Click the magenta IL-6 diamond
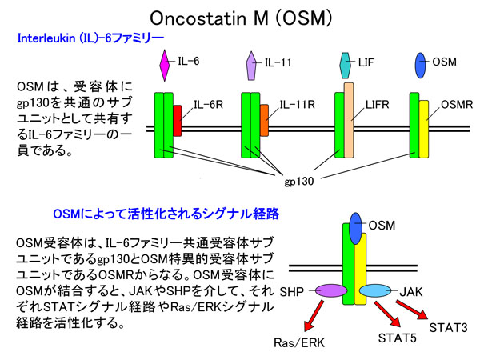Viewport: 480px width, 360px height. pos(165,66)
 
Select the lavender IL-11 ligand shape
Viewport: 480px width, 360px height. pos(251,66)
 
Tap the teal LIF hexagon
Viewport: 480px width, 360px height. pos(346,66)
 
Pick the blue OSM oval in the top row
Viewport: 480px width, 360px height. pos(420,66)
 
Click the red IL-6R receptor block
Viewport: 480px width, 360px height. pos(178,121)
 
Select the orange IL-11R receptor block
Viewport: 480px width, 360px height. pos(265,120)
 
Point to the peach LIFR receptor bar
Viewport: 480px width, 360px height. pos(349,120)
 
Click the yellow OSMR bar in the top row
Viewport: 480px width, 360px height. pos(424,129)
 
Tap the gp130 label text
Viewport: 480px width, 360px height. pos(299,181)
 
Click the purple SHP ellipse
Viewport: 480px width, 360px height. pos(331,290)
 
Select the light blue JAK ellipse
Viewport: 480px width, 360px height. pos(375,290)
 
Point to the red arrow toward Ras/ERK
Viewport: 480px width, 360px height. pos(314,316)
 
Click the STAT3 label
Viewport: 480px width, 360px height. pos(448,327)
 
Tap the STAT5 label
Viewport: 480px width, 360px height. pos(398,338)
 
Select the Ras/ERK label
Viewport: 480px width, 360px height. pos(299,343)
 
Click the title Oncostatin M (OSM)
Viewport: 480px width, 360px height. pos(241,18)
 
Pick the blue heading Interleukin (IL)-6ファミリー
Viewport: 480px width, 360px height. pos(91,38)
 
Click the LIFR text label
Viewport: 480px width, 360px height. pos(377,105)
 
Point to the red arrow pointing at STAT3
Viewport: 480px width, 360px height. pos(412,310)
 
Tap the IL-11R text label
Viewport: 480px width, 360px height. pos(298,105)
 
